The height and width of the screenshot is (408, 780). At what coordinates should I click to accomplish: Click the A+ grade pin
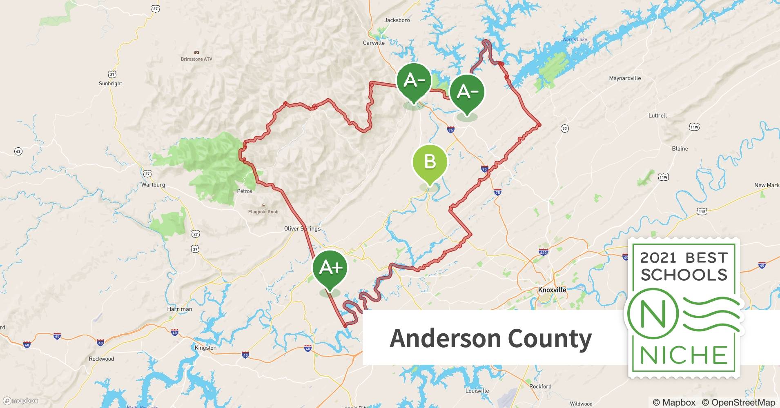(x=330, y=268)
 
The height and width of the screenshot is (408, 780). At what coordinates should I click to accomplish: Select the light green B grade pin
(x=430, y=162)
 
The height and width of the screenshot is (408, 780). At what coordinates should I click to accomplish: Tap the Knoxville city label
(x=552, y=290)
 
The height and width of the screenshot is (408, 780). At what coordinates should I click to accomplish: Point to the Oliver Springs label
(x=302, y=228)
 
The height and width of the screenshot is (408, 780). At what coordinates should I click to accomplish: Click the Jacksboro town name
(x=397, y=20)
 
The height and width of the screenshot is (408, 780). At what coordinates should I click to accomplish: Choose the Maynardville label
(x=625, y=78)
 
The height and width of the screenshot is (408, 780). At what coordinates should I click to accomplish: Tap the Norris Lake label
(x=575, y=40)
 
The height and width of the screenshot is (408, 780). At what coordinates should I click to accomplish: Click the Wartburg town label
(x=153, y=185)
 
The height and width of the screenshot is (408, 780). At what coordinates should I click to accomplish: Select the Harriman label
(x=179, y=309)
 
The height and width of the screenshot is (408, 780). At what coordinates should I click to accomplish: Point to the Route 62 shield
(x=18, y=151)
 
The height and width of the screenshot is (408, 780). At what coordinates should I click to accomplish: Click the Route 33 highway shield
(x=564, y=129)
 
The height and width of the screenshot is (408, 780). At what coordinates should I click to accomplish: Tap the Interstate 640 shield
(x=543, y=252)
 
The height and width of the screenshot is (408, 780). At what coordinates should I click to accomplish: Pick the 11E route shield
(x=702, y=211)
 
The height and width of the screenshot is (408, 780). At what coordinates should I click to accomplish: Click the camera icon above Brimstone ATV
(x=196, y=53)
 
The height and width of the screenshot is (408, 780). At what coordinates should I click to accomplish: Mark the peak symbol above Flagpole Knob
(x=263, y=205)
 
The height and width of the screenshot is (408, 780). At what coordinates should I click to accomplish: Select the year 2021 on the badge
(x=658, y=258)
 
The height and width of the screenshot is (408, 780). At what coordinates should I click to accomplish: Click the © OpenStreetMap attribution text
(x=738, y=402)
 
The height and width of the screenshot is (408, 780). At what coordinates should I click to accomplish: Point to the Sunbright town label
(x=110, y=84)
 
